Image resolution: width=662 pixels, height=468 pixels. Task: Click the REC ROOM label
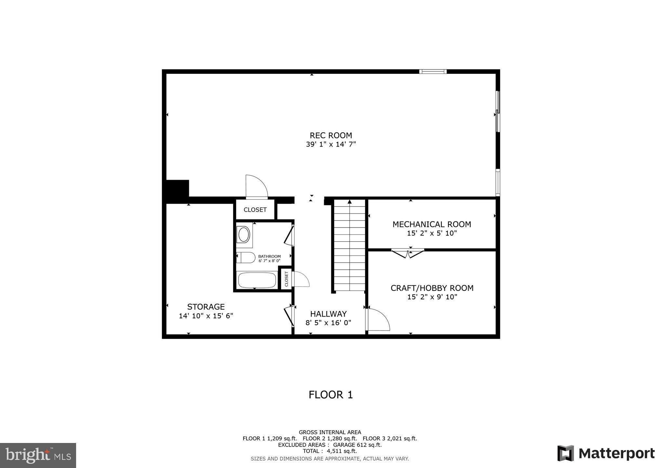pyautogui.click(x=331, y=135)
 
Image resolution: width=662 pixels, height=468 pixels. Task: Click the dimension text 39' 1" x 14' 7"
pyautogui.click(x=331, y=144)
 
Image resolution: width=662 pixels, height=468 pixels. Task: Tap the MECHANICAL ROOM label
pyautogui.click(x=431, y=224)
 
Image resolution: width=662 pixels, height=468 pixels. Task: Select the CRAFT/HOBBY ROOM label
pyautogui.click(x=432, y=288)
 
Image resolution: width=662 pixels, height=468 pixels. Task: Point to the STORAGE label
pyautogui.click(x=206, y=307)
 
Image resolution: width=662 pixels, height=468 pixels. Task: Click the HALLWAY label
pyautogui.click(x=328, y=314)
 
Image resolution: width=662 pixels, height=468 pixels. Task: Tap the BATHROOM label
pyautogui.click(x=269, y=256)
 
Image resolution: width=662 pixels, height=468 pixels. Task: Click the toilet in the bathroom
pyautogui.click(x=246, y=258)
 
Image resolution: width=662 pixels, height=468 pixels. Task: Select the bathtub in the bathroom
pyautogui.click(x=257, y=280)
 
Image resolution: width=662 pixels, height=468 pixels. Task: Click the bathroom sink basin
pyautogui.click(x=244, y=234)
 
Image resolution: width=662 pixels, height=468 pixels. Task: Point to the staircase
pyautogui.click(x=350, y=245)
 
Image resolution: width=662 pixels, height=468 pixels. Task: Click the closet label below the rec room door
pyautogui.click(x=255, y=210)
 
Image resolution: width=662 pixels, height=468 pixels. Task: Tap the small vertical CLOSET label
pyautogui.click(x=286, y=279)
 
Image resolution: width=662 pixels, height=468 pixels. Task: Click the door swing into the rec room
pyautogui.click(x=256, y=187)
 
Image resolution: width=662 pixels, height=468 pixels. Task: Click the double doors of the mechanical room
pyautogui.click(x=407, y=253)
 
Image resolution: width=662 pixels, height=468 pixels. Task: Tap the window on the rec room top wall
pyautogui.click(x=432, y=71)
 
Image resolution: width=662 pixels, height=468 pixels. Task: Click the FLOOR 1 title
pyautogui.click(x=331, y=395)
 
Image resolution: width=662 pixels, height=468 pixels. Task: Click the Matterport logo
pyautogui.click(x=606, y=453)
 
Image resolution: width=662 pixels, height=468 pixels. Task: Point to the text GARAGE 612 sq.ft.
pyautogui.click(x=357, y=445)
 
